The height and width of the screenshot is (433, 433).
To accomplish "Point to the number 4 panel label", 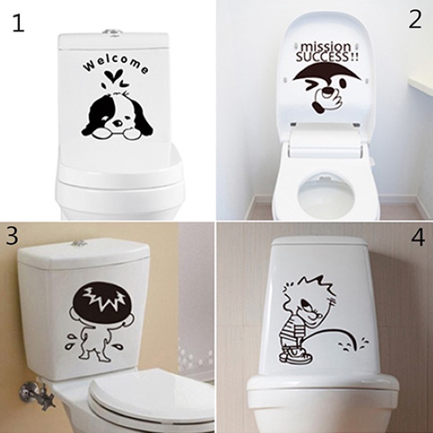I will pos(418,238).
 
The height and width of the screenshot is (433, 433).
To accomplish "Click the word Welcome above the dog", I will pos(115,65).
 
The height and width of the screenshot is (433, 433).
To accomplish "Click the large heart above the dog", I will pos(113,75).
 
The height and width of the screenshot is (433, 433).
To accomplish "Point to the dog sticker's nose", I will pos(117,122).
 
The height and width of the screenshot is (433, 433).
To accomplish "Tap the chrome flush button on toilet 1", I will pos(112,32).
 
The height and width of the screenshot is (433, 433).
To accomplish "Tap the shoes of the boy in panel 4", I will pos(296,359).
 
